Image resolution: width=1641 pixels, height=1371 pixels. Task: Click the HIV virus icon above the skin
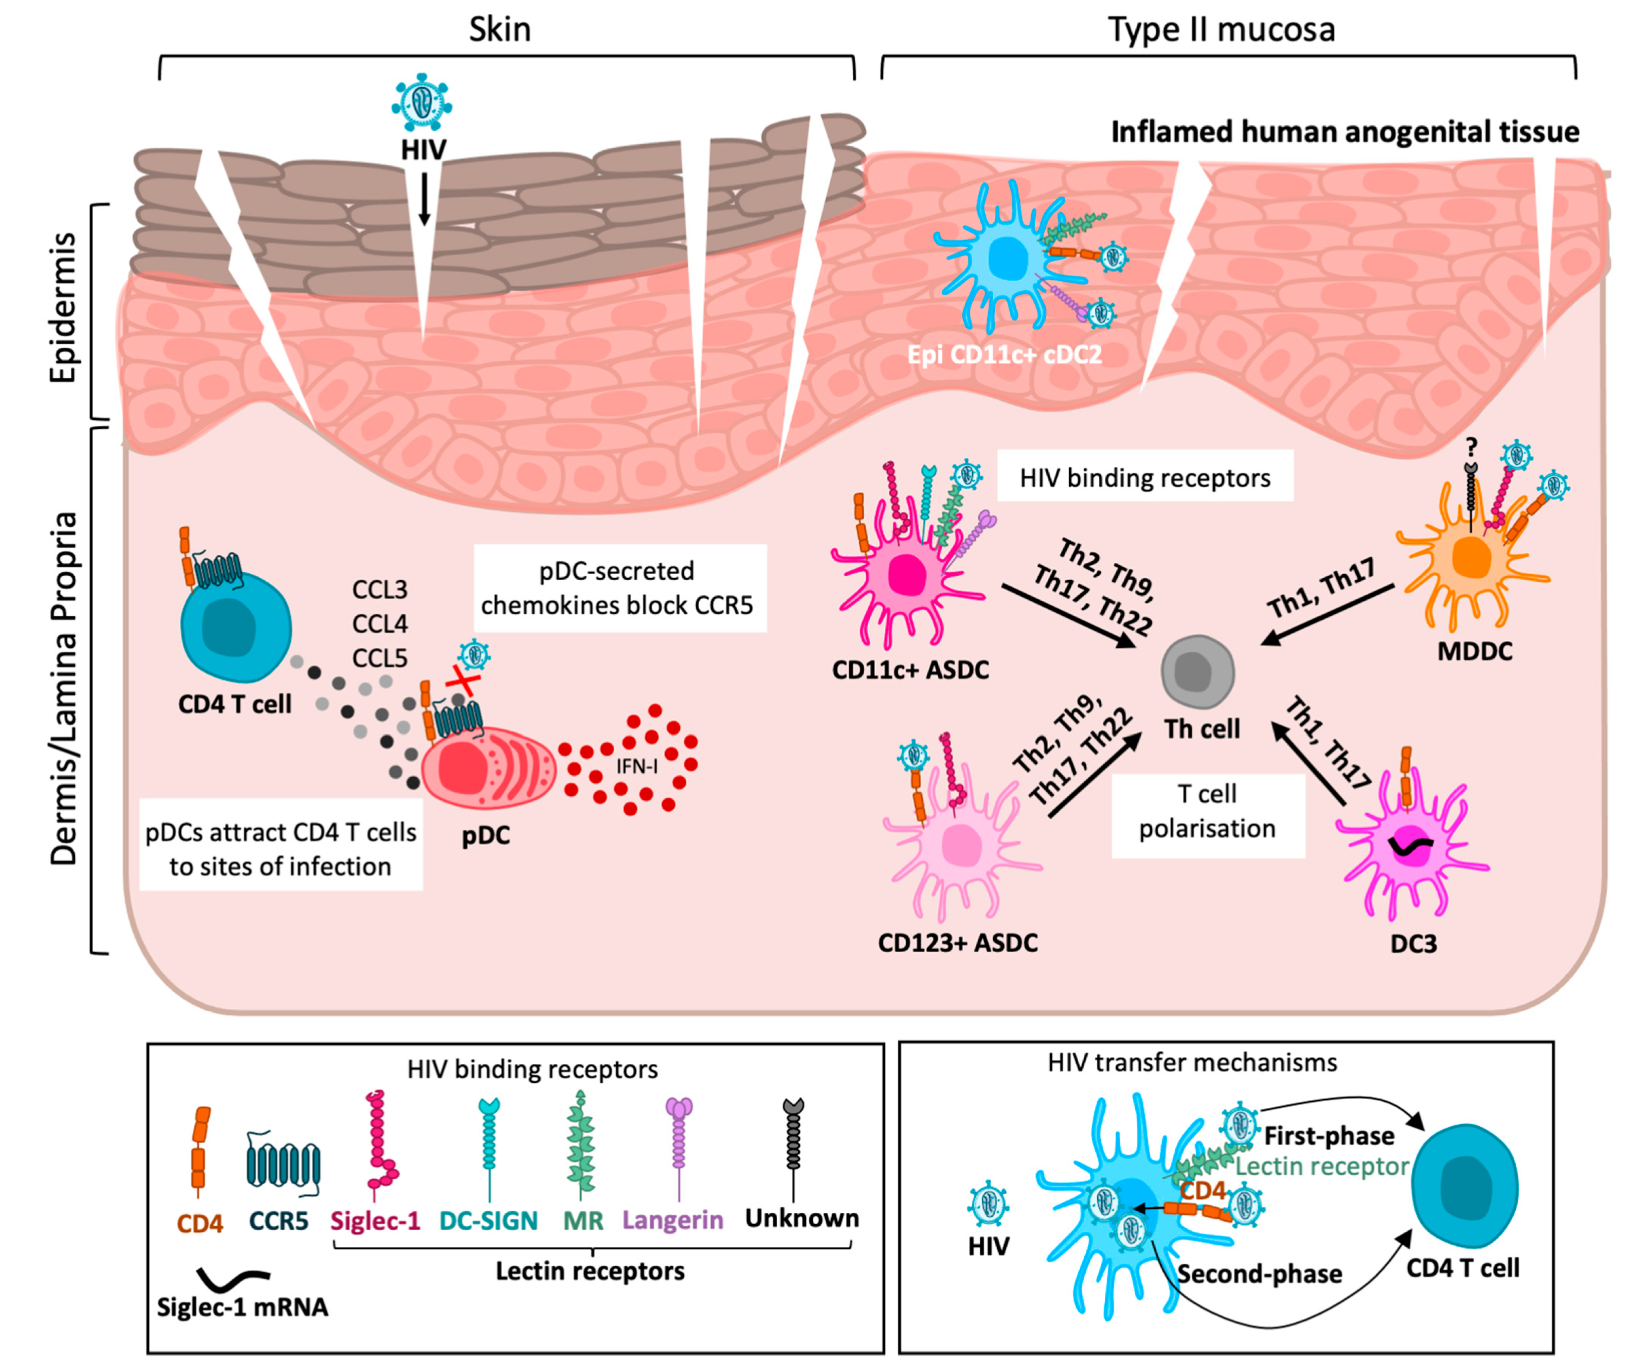click(421, 102)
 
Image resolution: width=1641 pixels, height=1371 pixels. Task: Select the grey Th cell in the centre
click(1196, 671)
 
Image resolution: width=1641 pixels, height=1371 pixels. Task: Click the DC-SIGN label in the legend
click(489, 1220)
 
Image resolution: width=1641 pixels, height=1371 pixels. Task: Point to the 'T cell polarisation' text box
click(1207, 811)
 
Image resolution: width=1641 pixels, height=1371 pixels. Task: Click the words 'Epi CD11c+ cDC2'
click(1004, 355)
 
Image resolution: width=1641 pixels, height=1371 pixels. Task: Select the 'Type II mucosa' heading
click(1221, 30)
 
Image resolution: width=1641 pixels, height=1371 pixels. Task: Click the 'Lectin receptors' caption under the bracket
click(590, 1271)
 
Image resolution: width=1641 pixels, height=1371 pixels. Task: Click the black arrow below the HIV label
click(424, 200)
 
